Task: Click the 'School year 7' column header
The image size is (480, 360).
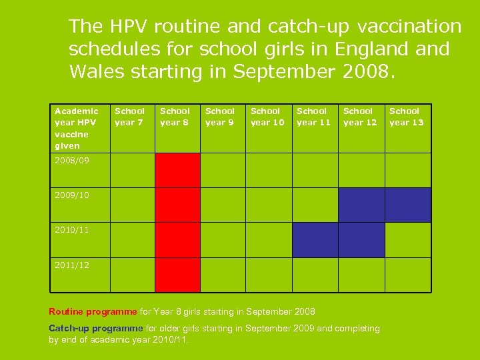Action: [x=129, y=117]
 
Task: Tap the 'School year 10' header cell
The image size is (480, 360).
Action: [x=267, y=117]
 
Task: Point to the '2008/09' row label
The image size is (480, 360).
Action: [x=72, y=161]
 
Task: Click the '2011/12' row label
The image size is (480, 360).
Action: [x=72, y=265]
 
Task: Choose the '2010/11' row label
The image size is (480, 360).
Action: [x=72, y=230]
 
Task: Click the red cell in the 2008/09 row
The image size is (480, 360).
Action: [x=177, y=170]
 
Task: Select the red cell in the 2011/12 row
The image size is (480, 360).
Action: [x=177, y=275]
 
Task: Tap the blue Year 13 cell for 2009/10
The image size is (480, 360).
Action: [x=408, y=205]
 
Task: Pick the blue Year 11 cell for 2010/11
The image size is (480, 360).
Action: [x=315, y=239]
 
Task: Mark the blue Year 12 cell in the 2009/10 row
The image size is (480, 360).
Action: [x=361, y=205]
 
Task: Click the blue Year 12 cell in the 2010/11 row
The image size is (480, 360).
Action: [x=361, y=239]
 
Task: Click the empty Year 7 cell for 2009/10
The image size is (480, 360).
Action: [x=132, y=205]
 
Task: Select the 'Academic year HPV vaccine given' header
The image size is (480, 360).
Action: [x=76, y=128]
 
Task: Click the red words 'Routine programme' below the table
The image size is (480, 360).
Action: [x=92, y=311]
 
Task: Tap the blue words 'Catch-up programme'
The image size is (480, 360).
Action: [x=96, y=328]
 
